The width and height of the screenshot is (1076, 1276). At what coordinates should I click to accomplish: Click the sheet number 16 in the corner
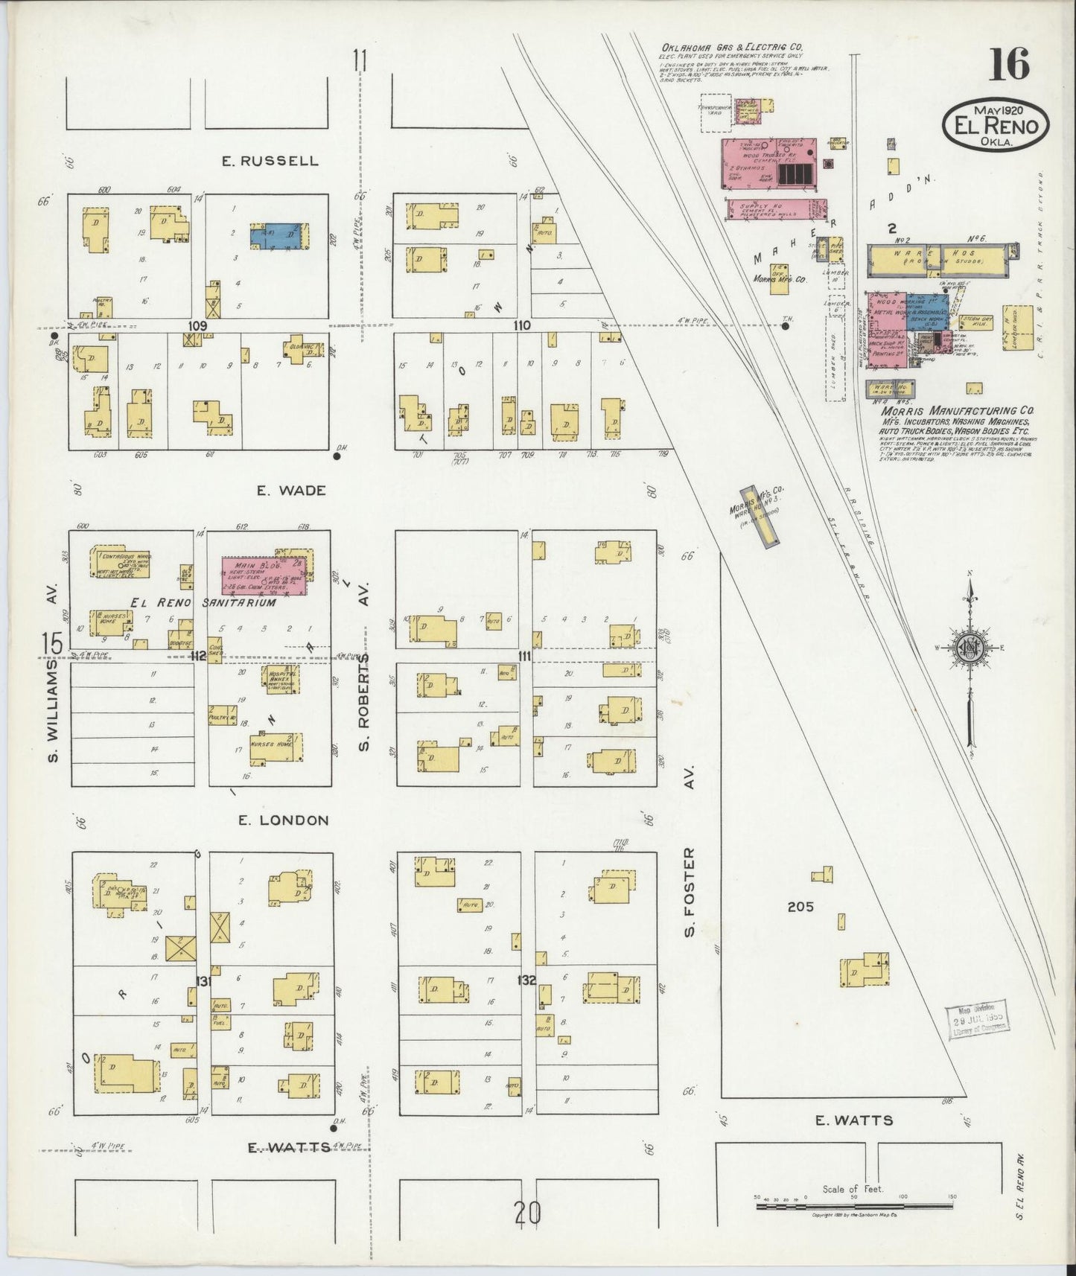click(1010, 64)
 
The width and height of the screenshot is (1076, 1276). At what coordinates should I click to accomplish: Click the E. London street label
click(283, 820)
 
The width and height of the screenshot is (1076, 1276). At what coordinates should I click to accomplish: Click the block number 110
click(521, 325)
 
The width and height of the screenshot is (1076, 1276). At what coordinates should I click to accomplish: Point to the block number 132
click(526, 981)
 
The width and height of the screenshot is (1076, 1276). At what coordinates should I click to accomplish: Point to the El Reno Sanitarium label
click(203, 603)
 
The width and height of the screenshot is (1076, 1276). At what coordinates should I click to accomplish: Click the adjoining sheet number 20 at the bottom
click(526, 1214)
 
